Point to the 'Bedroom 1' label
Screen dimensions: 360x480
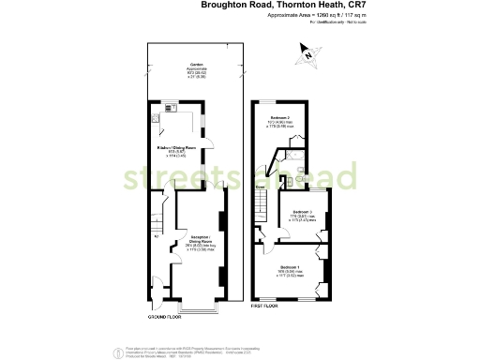click(290, 268)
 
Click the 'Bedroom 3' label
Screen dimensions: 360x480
click(302, 214)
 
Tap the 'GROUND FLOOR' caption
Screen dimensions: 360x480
click(165, 317)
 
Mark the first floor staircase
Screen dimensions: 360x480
click(264, 199)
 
